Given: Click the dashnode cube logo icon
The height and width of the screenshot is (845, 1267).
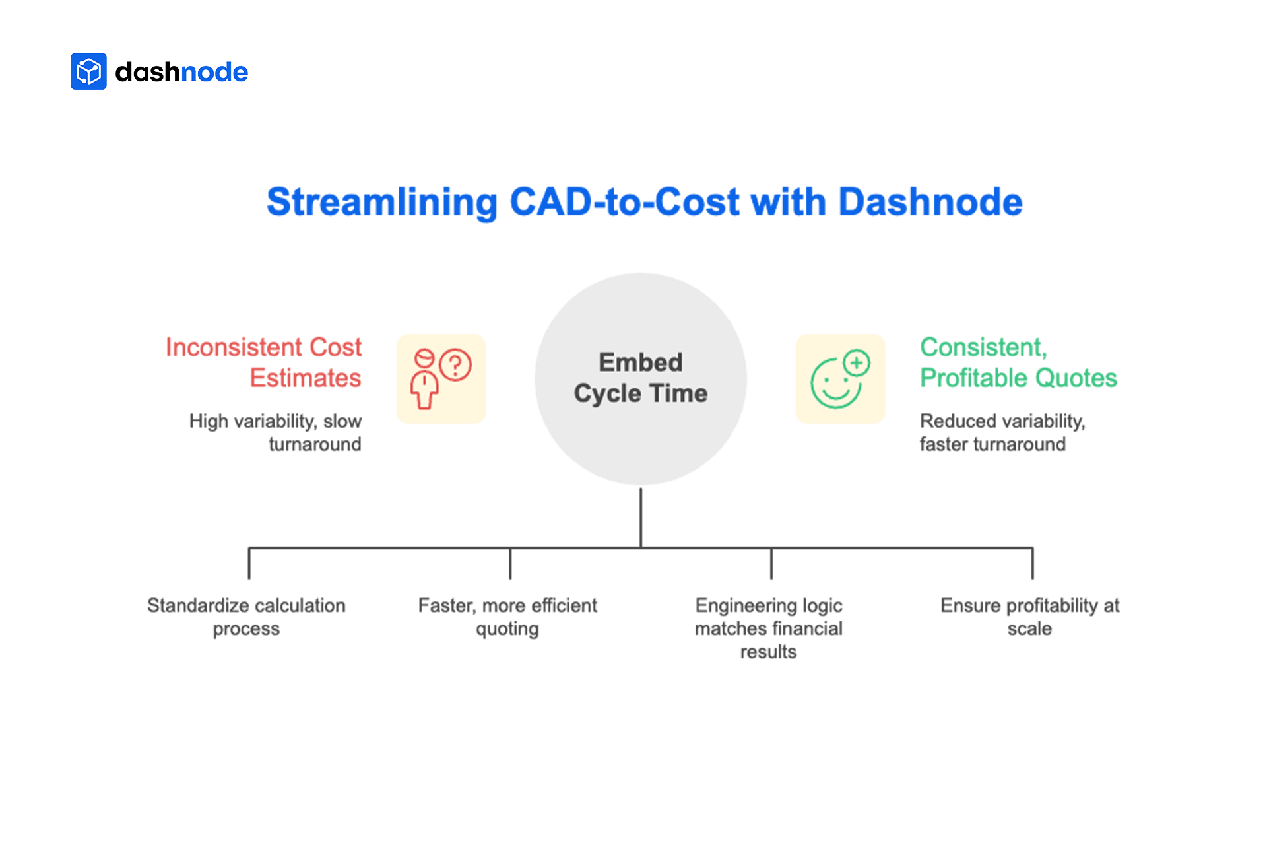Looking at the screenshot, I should coord(88,71).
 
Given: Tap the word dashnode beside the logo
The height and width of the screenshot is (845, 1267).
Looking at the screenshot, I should coord(181,72).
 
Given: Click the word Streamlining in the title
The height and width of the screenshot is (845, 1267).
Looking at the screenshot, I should coord(381,202).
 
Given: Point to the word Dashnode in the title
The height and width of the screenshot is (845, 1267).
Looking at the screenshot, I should coord(930,202).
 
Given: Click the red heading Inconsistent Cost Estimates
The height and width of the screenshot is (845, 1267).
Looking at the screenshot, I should coord(264,362).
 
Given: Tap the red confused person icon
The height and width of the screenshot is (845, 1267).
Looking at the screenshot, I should coord(441,379).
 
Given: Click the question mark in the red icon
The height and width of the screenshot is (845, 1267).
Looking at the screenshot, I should coord(455,364).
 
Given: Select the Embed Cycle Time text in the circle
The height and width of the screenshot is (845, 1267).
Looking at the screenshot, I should coord(641,378).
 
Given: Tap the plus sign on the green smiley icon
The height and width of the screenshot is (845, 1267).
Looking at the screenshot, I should coord(857,362).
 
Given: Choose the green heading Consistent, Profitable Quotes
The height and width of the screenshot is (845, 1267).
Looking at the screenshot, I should coord(1018,362).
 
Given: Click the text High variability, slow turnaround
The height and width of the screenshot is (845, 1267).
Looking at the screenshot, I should coord(276,432).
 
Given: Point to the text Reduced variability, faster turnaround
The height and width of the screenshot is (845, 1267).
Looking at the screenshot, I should coord(1002,432).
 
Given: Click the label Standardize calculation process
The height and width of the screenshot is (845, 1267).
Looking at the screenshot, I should coord(246,617).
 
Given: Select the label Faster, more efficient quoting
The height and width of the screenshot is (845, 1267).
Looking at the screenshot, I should coord(507,617).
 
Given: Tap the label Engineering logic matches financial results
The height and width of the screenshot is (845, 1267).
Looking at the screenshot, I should coord(769,628).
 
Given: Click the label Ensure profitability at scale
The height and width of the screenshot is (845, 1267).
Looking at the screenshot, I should coord(1029,617).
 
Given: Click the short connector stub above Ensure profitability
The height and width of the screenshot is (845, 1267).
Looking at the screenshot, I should coord(1033,564).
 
